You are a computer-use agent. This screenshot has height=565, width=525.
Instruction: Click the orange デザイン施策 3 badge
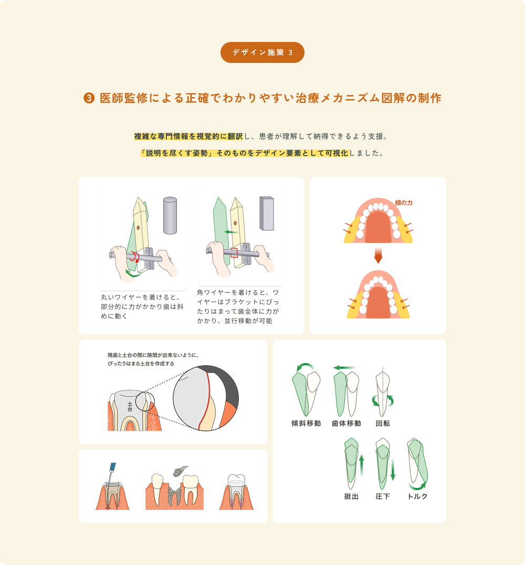[262, 52]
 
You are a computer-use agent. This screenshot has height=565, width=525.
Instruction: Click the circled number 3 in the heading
[89, 98]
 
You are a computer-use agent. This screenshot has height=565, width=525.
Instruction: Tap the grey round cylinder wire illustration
[170, 215]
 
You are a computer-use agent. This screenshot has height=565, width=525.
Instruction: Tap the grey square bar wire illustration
[267, 214]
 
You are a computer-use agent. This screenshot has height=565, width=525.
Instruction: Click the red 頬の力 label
[404, 203]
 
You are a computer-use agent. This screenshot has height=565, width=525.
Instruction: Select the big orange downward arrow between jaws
[378, 255]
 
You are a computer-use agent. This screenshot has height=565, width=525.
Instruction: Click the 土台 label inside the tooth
[130, 407]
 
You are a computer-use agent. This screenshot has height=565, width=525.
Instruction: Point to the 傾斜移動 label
[306, 423]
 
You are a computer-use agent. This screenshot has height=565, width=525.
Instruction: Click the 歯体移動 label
[346, 423]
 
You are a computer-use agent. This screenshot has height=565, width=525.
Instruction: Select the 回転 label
[383, 423]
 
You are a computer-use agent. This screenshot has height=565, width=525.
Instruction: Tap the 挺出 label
[351, 496]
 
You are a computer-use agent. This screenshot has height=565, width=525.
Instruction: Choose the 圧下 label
[383, 496]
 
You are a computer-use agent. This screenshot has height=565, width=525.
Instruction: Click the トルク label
[417, 496]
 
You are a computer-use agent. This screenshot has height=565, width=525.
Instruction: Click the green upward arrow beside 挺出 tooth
[362, 465]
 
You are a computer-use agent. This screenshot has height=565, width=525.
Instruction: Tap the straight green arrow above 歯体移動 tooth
[344, 368]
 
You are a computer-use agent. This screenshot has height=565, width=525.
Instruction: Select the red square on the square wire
[234, 252]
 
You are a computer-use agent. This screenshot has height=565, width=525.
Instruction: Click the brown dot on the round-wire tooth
[139, 227]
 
